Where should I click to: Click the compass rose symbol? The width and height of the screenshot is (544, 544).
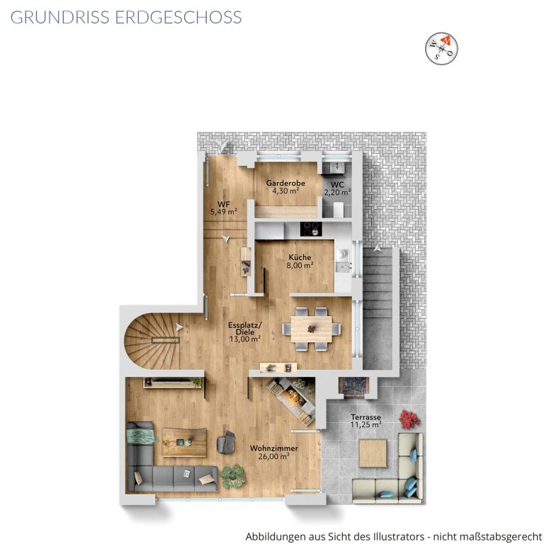pyautogui.click(x=442, y=49)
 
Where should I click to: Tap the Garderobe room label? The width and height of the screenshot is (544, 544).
pyautogui.click(x=285, y=183)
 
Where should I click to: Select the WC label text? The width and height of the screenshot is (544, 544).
pyautogui.click(x=337, y=185)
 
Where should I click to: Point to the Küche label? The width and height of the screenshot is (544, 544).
pyautogui.click(x=300, y=257)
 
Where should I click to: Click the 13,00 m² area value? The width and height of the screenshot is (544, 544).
pyautogui.click(x=245, y=339)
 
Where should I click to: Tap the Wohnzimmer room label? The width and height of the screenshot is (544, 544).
pyautogui.click(x=273, y=448)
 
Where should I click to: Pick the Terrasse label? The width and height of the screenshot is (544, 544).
pyautogui.click(x=365, y=417)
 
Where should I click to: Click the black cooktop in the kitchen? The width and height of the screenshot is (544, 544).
pyautogui.click(x=311, y=229)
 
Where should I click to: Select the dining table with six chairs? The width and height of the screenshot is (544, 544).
pyautogui.click(x=311, y=329)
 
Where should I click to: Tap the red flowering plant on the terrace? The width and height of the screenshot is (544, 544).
pyautogui.click(x=409, y=419)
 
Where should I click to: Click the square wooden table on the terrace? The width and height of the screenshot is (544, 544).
pyautogui.click(x=373, y=453)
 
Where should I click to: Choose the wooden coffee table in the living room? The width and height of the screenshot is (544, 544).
pyautogui.click(x=184, y=442)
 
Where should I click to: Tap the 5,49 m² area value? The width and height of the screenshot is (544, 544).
pyautogui.click(x=224, y=211)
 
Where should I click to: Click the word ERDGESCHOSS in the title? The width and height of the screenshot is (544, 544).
pyautogui.click(x=178, y=17)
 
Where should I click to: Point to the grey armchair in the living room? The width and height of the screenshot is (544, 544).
pyautogui.click(x=226, y=442)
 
